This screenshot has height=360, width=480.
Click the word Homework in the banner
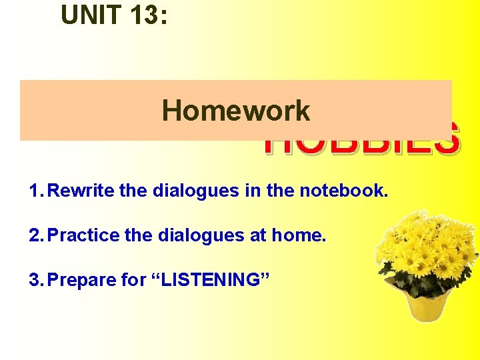pos(236,111)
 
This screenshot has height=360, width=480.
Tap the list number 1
pos(34,191)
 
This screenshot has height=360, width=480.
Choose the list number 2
pos(35,235)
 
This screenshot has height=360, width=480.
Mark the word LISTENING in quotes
pos(211,280)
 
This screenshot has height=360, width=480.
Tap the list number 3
pos(35,280)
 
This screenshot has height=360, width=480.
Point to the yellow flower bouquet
pos(427,250)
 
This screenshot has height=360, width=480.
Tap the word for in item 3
pos(136,280)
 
